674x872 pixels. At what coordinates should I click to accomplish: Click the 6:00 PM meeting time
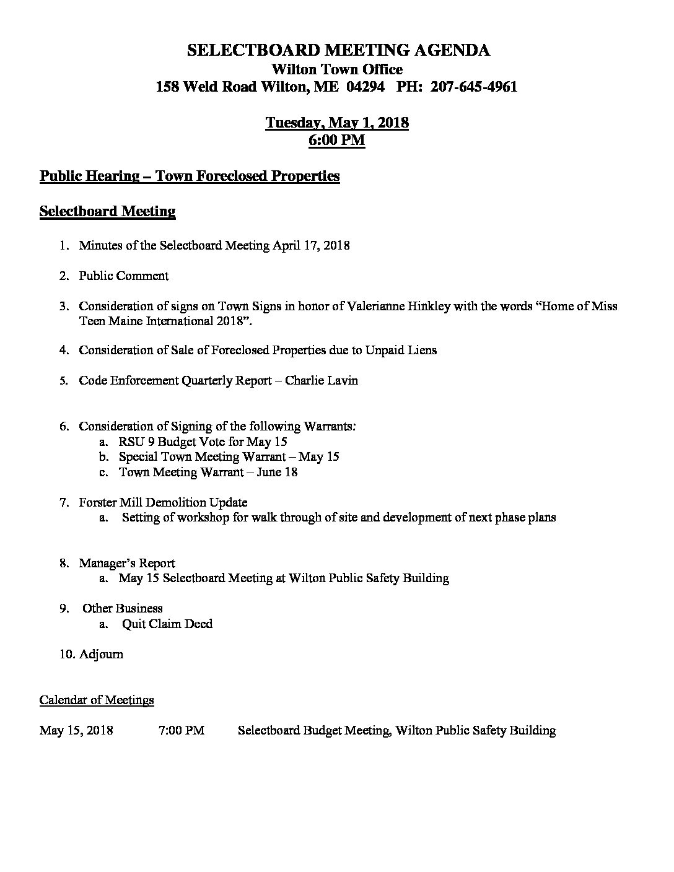click(337, 141)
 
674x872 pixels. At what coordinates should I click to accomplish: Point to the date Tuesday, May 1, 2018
click(337, 123)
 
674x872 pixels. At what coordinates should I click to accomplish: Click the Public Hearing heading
click(190, 177)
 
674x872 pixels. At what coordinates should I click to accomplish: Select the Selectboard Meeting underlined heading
click(107, 212)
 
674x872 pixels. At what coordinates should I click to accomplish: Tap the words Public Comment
click(123, 276)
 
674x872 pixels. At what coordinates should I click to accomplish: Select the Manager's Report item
click(126, 563)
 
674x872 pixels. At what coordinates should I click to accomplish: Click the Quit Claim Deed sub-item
click(167, 624)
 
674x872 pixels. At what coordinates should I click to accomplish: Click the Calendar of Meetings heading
click(97, 700)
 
